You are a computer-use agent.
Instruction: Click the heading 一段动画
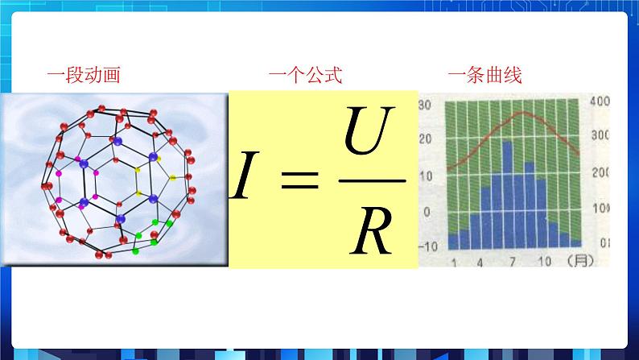(x=83, y=77)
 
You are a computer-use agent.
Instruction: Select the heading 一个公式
(x=305, y=77)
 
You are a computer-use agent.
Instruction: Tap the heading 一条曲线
(x=484, y=77)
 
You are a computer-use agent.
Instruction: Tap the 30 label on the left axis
(x=427, y=104)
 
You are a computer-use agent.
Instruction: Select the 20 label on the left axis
(x=427, y=139)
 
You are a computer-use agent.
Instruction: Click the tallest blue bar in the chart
(x=509, y=193)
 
